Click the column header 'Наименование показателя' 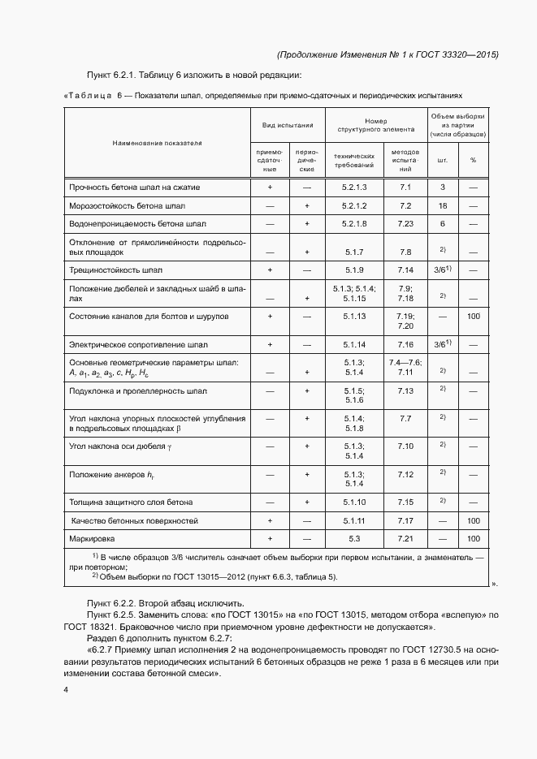tap(158, 143)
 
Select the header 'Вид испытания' tap(288, 126)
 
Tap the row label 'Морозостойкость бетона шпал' tap(132, 205)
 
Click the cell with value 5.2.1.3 tap(354, 188)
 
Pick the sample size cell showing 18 tap(443, 205)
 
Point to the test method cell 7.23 tap(406, 223)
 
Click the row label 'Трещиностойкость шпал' tap(122, 270)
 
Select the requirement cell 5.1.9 tap(354, 270)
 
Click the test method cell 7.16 tap(406, 345)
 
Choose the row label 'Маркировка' tap(93, 538)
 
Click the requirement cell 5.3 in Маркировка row tap(354, 538)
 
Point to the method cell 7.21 tap(406, 538)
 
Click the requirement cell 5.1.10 tap(354, 502)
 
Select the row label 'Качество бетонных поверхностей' tap(135, 520)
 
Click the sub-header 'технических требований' tap(354, 160)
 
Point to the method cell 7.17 tap(406, 520)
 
